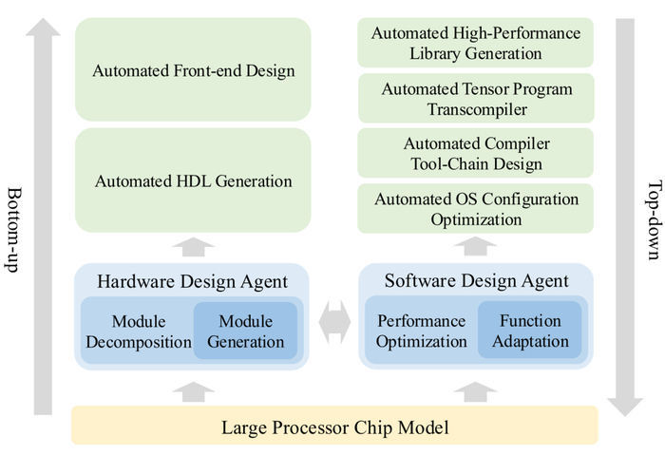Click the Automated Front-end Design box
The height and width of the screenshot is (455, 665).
pos(193,69)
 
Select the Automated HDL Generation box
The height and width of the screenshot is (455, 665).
pos(193,180)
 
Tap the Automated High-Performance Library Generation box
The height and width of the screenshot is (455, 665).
pos(475,43)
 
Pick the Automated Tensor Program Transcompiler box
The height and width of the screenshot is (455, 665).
pos(476,99)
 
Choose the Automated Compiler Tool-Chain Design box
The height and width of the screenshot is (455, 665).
pos(475,153)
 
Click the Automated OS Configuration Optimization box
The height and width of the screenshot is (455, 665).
pos(475,208)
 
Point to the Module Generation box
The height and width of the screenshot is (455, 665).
pos(245,331)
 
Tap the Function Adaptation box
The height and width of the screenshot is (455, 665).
pos(530,330)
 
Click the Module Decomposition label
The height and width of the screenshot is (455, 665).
pos(139,332)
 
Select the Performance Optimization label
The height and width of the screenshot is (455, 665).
pos(421,332)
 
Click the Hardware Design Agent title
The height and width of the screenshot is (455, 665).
pos(193,281)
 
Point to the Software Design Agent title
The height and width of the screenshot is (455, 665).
pos(476,281)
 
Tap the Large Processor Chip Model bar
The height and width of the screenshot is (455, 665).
pos(334,426)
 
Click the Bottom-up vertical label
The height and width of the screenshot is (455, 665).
pos(13,230)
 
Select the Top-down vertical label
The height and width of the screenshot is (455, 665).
pos(655,220)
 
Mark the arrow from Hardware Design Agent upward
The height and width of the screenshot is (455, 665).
pos(194,247)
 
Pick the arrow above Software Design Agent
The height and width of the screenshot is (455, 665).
pos(475,246)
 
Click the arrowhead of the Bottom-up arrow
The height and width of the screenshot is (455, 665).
pos(43,28)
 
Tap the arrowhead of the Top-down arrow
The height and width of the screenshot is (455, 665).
pos(625,408)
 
